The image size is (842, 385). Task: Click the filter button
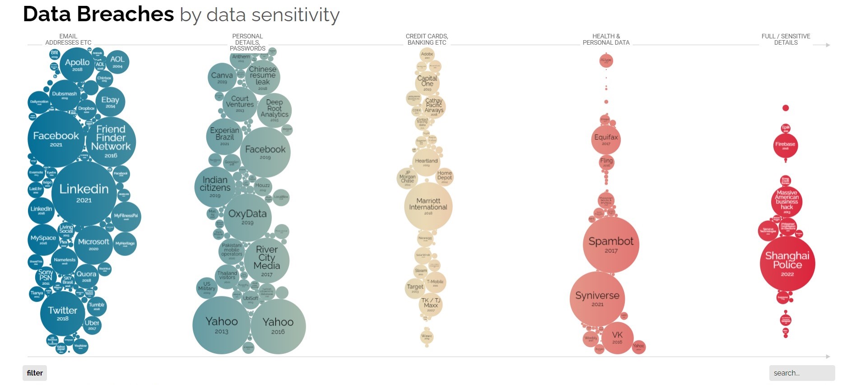[35, 373]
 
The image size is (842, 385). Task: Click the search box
[801, 373]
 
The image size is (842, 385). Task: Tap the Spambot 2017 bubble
[611, 245]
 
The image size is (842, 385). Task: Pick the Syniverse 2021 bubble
[597, 298]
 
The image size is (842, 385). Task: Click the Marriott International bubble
[428, 206]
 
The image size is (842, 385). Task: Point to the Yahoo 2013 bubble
[221, 325]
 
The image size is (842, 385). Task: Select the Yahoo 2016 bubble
[278, 326]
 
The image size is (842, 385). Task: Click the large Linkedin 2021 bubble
[84, 193]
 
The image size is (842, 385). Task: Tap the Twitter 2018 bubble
[63, 313]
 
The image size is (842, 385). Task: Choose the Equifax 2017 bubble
[606, 139]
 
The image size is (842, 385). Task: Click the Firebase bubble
[786, 145]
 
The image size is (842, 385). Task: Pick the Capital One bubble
[427, 83]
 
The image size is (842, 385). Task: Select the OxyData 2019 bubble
[247, 217]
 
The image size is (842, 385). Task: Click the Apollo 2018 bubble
[77, 65]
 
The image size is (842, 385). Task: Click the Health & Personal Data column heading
[606, 39]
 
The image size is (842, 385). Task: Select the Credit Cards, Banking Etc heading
[427, 39]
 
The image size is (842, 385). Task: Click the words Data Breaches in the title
[98, 14]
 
